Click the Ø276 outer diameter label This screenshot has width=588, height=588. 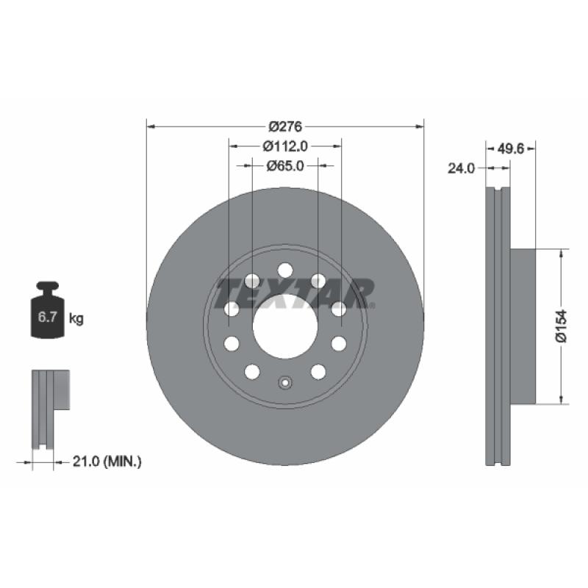[x=286, y=126]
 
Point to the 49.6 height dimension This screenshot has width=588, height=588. [x=510, y=148]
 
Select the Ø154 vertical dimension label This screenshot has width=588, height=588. [x=561, y=326]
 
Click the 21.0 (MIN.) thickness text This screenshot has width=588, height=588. [x=107, y=462]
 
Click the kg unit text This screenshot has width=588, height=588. [x=76, y=318]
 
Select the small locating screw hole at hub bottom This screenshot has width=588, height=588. [x=285, y=382]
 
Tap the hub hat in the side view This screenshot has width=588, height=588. [x=523, y=326]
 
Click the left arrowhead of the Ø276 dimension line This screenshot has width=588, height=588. [x=151, y=126]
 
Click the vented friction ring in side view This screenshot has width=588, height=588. [x=498, y=326]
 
